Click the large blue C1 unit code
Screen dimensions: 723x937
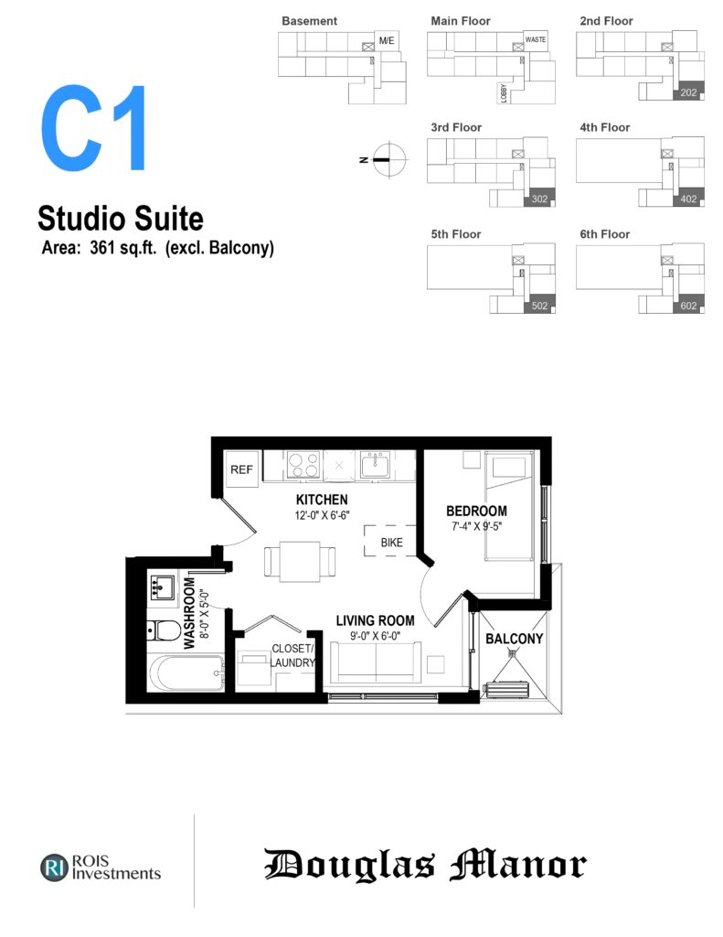point(93,128)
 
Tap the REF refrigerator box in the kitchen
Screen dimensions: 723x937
point(242,469)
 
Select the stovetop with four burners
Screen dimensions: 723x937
point(303,465)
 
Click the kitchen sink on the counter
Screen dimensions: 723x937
point(376,465)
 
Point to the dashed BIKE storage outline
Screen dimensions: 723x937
point(390,541)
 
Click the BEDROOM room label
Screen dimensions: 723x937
point(476,511)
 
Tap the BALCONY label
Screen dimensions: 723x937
point(514,639)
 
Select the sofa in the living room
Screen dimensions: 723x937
point(376,662)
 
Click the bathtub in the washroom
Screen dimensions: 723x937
point(186,673)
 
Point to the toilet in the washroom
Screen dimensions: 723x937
point(164,630)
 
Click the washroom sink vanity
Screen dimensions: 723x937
point(161,589)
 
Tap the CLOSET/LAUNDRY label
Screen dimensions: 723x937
point(292,655)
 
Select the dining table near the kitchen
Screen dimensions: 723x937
point(300,561)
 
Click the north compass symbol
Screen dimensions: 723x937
point(388,159)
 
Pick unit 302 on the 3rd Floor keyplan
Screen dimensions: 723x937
point(539,198)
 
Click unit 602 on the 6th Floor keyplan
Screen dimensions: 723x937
point(688,305)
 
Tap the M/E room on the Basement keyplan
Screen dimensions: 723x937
point(387,40)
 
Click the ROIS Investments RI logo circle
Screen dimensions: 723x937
point(54,867)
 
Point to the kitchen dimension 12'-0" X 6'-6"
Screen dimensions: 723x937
point(322,515)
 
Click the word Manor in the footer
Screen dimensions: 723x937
point(517,865)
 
